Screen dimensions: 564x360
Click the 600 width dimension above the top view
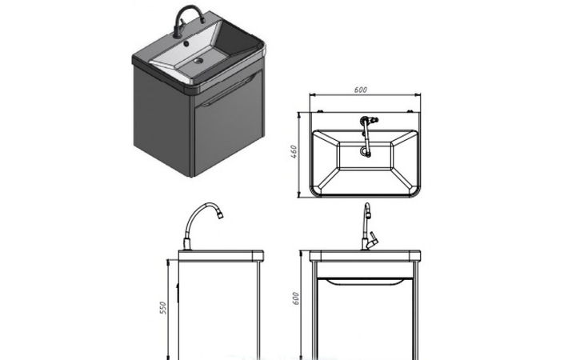click(x=361, y=90)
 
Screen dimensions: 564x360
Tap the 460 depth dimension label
click(x=294, y=152)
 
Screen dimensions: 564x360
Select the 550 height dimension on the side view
click(x=163, y=308)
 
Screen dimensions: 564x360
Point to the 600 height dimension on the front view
click(x=295, y=298)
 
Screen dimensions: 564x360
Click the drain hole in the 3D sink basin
click(x=198, y=61)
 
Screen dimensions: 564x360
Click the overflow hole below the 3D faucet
click(x=186, y=44)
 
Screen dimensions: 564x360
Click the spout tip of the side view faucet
click(x=219, y=214)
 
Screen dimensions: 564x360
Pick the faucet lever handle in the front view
click(x=373, y=239)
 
